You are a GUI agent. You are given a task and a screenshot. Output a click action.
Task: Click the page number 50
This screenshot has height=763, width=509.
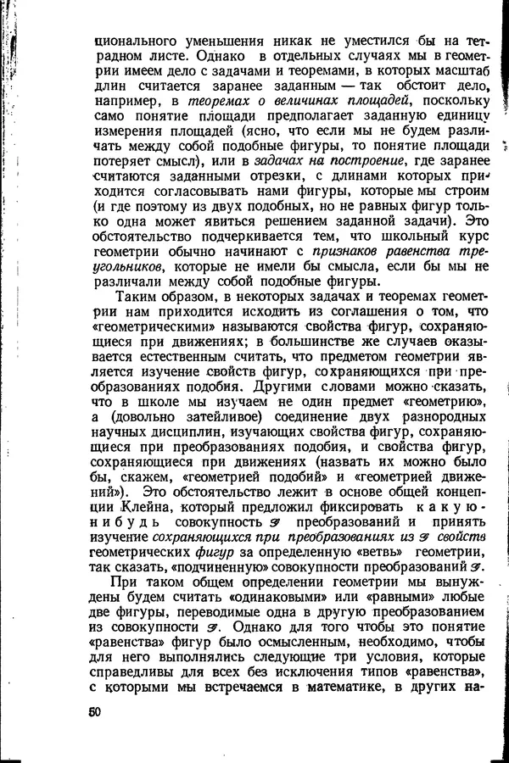click(93, 712)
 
